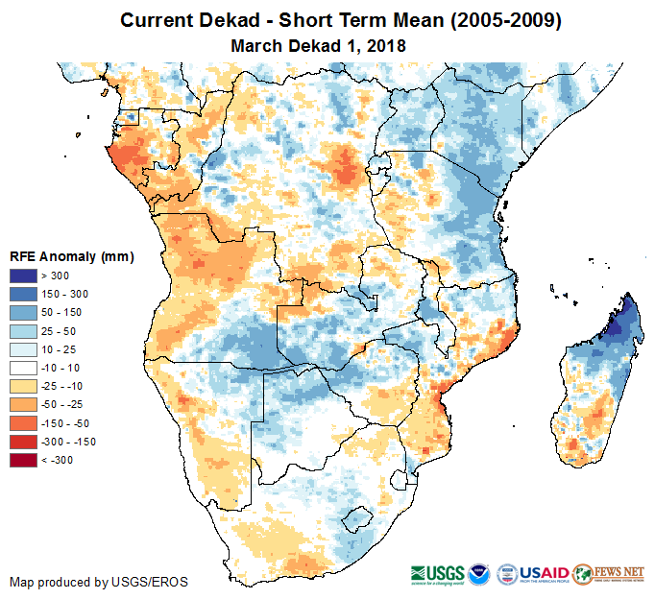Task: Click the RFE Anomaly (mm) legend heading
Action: (71, 257)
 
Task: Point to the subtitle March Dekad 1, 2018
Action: (318, 45)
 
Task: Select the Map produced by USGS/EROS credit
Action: (99, 583)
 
